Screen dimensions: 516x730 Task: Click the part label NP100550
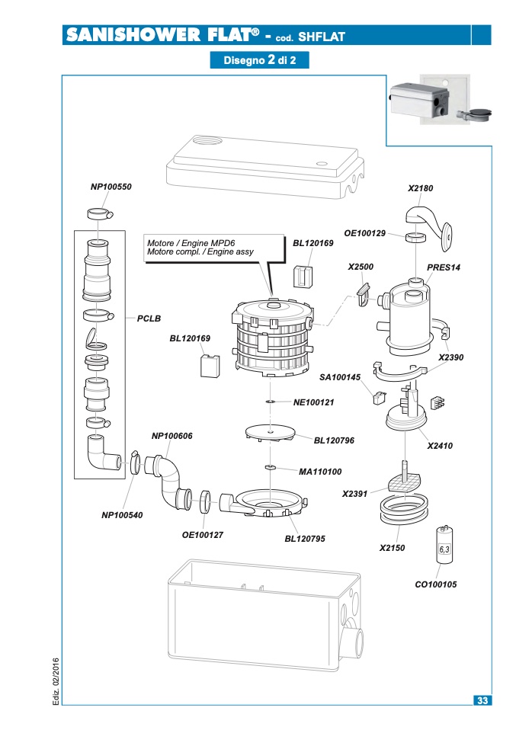pyautogui.click(x=111, y=187)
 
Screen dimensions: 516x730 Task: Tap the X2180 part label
pyautogui.click(x=420, y=188)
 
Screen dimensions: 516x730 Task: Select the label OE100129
pyautogui.click(x=364, y=233)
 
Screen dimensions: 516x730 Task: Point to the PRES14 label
pyautogui.click(x=444, y=267)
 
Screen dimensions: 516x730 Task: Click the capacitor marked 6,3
pyautogui.click(x=444, y=545)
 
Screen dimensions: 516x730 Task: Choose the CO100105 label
pyautogui.click(x=436, y=584)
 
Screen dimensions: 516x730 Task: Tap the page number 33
pyautogui.click(x=482, y=700)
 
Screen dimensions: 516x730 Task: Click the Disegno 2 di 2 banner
pyautogui.click(x=259, y=60)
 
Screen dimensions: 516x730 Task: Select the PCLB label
pyautogui.click(x=149, y=319)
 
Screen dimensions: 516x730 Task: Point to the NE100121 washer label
pyautogui.click(x=313, y=402)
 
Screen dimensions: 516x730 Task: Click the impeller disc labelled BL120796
pyautogui.click(x=271, y=433)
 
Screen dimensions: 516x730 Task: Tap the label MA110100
pyautogui.click(x=320, y=472)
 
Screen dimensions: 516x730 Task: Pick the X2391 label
pyautogui.click(x=355, y=494)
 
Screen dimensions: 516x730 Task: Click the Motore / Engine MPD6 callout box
pyautogui.click(x=214, y=248)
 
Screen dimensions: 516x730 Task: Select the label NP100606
pyautogui.click(x=171, y=436)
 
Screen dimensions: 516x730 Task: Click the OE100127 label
pyautogui.click(x=203, y=535)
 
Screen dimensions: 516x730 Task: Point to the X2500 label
pyautogui.click(x=361, y=267)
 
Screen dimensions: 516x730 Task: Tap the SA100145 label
pyautogui.click(x=340, y=377)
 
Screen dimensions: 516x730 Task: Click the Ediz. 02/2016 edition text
pyautogui.click(x=56, y=681)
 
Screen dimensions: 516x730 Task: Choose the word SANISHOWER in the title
pyautogui.click(x=133, y=35)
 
